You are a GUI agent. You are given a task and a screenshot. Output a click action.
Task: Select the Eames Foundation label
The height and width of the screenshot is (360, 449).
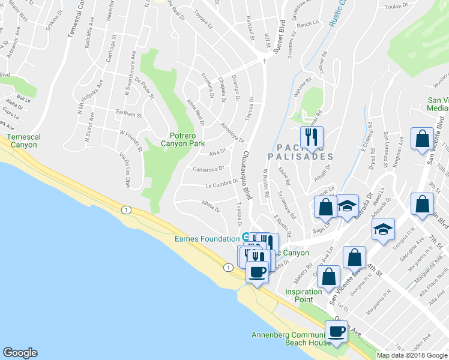[x=207, y=238]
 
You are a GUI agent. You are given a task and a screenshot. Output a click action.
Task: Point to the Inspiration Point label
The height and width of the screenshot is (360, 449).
[x=304, y=295]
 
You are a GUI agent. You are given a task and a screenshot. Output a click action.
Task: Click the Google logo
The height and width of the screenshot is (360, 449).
[x=20, y=353]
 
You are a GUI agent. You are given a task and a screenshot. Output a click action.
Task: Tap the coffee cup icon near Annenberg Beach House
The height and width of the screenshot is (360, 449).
[x=336, y=331]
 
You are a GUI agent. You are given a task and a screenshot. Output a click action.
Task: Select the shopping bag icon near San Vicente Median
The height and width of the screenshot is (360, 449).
[x=422, y=137]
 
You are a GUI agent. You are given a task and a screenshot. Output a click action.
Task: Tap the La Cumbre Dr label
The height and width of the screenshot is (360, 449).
[x=222, y=185]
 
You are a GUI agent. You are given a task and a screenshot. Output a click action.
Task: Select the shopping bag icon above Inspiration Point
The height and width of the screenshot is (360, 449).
[x=329, y=277]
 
